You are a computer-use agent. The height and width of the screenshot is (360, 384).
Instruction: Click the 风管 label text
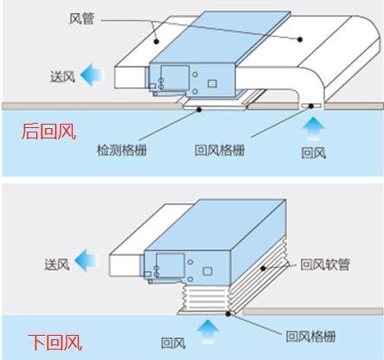tap(81, 19)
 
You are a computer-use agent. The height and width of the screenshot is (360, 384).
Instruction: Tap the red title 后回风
tap(48, 132)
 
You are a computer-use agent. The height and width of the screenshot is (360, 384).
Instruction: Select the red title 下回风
tap(54, 342)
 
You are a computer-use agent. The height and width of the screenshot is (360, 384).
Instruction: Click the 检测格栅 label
tap(122, 151)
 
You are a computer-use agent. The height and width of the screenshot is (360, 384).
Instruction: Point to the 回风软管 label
tap(325, 265)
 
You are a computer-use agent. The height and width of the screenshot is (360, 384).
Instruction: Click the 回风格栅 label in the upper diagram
tap(220, 151)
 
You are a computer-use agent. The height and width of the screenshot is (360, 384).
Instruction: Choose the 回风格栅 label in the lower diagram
tap(310, 337)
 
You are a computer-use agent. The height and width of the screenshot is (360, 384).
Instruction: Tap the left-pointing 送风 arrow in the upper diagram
tap(92, 74)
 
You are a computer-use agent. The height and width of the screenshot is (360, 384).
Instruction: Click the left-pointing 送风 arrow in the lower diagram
tap(86, 260)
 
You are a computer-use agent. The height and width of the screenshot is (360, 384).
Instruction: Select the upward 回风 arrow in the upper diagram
tap(313, 128)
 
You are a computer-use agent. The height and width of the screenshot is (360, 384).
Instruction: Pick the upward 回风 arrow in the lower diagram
tap(208, 331)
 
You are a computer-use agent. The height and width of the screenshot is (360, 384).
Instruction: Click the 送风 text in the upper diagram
tap(63, 77)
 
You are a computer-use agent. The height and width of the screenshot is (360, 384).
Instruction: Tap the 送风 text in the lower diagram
tap(57, 264)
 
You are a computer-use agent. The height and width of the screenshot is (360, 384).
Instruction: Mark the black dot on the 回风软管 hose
tap(263, 268)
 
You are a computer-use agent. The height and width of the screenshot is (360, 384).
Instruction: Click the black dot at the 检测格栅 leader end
tap(199, 110)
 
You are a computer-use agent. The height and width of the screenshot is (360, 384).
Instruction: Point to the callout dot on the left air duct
tap(156, 42)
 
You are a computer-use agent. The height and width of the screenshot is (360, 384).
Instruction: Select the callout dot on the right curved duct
tap(300, 40)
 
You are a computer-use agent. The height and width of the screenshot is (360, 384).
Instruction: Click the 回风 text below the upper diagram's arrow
tap(314, 153)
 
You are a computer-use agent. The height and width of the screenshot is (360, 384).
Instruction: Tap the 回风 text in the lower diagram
tap(173, 343)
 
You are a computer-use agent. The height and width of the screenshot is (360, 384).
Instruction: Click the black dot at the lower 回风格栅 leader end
tap(228, 313)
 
